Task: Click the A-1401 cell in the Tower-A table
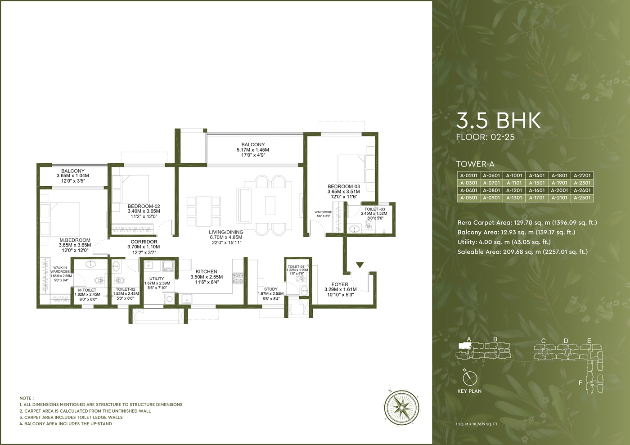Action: [x=536, y=175]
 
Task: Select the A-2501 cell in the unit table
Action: [x=582, y=198]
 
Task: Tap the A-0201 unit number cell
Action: [x=468, y=175]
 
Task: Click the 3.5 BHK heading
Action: [x=499, y=121]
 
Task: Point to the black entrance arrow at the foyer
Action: [x=360, y=265]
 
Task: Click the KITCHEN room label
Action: [x=207, y=271]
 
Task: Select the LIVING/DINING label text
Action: [x=226, y=232]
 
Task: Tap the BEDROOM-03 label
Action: [x=344, y=186]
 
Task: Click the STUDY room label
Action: [x=271, y=289]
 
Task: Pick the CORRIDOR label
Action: [x=144, y=242]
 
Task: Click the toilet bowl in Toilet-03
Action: [x=369, y=224]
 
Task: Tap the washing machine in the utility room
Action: [x=169, y=299]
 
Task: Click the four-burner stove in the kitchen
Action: [x=238, y=278]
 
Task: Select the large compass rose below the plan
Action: [x=401, y=407]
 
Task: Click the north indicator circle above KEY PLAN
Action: [x=470, y=378]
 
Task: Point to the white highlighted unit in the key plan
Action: [x=463, y=346]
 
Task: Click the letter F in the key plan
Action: [x=580, y=383]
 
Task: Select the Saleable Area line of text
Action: [x=522, y=252]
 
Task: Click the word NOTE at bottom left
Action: [x=25, y=398]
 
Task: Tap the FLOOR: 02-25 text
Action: [x=486, y=137]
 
